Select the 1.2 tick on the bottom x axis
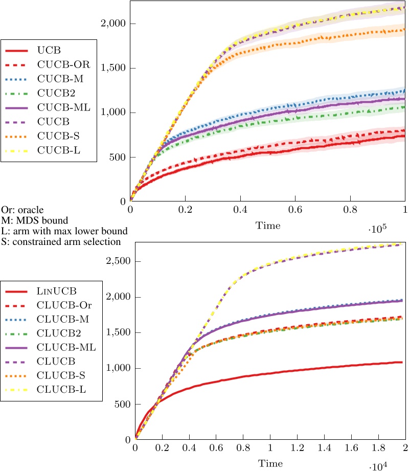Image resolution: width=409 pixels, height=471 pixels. pyautogui.click(x=297, y=448)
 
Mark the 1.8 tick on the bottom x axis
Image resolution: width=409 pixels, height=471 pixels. pyautogui.click(x=378, y=448)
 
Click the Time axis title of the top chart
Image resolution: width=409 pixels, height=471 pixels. pyautogui.click(x=268, y=224)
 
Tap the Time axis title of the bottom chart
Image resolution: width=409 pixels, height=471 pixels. pyautogui.click(x=270, y=463)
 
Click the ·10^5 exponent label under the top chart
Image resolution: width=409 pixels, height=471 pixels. pyautogui.click(x=377, y=230)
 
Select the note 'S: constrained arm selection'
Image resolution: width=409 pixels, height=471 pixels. pyautogui.click(x=60, y=241)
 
